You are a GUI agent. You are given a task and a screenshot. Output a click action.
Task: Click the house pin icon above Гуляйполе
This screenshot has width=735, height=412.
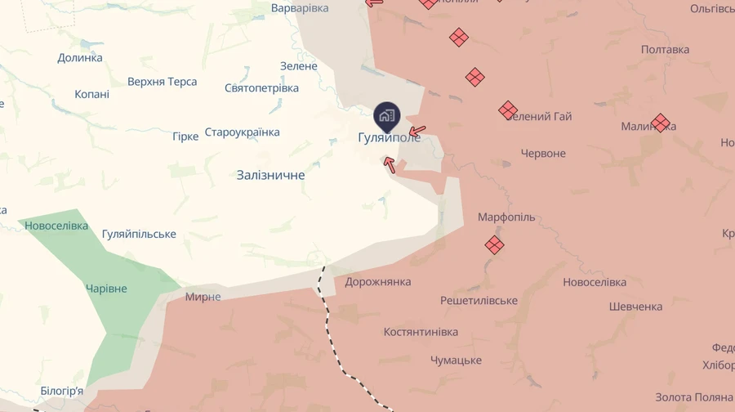coord(387,114)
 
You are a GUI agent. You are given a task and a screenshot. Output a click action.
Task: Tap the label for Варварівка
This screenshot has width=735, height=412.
coord(300,8)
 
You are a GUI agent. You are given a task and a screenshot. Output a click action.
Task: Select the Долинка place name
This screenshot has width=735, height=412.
coord(80,58)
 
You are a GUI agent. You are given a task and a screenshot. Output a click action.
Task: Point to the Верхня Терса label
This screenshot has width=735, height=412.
coord(163,82)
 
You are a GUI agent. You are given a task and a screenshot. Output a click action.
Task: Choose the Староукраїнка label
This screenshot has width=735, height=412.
coord(242,132)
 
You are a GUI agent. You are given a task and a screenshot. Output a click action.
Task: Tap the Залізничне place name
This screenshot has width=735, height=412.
coord(270,175)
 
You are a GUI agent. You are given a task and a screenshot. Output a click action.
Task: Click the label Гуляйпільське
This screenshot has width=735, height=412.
coord(139,235)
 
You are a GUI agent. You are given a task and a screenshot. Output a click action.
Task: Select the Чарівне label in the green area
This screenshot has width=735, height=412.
coord(106,289)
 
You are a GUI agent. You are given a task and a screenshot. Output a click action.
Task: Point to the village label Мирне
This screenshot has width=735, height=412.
coord(203,297)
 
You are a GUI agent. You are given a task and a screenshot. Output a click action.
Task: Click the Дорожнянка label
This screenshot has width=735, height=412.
coord(377,282)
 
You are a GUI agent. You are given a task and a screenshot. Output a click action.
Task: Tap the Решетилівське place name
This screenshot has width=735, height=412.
coord(479,301)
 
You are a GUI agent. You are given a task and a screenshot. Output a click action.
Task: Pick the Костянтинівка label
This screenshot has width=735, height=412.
coord(421,333)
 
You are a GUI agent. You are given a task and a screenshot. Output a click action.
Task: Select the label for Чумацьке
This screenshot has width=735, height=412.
coord(456,360)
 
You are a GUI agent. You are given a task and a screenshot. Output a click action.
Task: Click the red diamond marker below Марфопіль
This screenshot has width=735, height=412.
coord(494,244)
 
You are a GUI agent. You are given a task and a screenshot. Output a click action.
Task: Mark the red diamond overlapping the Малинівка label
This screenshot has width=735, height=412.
coord(661,123)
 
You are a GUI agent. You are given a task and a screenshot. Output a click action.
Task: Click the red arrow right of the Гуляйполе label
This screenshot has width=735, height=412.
coord(416,130)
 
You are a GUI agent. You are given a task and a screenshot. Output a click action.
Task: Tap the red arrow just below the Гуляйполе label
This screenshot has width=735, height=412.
coord(390,164)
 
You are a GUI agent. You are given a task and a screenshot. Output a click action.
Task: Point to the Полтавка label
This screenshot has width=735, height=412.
coord(665,50)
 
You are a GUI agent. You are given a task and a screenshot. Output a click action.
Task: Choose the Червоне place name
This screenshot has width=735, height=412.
coord(543,154)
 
